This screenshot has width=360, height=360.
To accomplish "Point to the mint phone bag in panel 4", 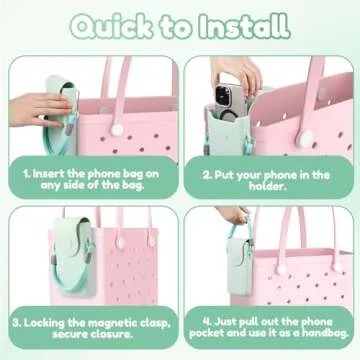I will click(x=241, y=264).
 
